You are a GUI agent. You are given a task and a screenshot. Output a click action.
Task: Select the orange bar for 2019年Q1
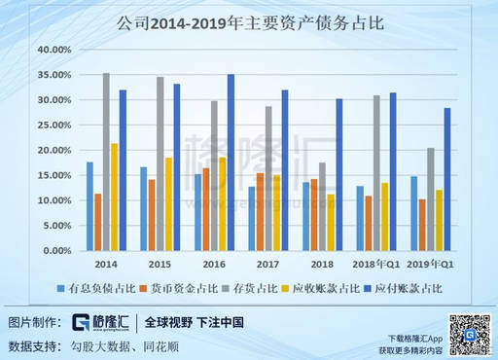tap(421, 225)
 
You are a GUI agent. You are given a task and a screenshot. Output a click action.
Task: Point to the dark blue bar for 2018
tap(338, 174)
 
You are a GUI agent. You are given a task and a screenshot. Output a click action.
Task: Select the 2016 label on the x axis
tap(215, 264)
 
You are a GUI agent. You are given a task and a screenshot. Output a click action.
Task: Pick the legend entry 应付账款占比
tap(408, 288)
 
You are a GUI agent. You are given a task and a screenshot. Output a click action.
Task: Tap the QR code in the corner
tap(469, 333)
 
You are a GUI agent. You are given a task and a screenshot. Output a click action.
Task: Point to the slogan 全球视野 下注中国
tap(195, 322)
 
